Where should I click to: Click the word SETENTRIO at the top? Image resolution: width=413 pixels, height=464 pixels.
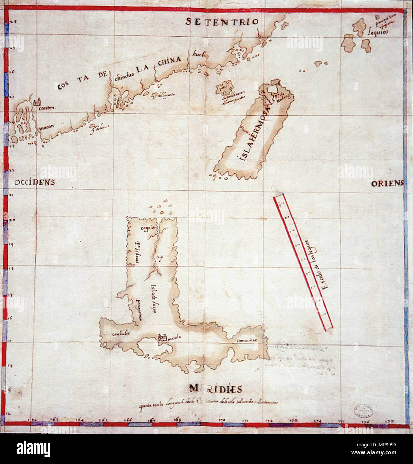(x=222, y=22)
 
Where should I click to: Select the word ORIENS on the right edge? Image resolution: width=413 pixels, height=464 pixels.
(x=387, y=183)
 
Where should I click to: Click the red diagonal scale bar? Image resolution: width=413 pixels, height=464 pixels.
(x=303, y=263)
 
